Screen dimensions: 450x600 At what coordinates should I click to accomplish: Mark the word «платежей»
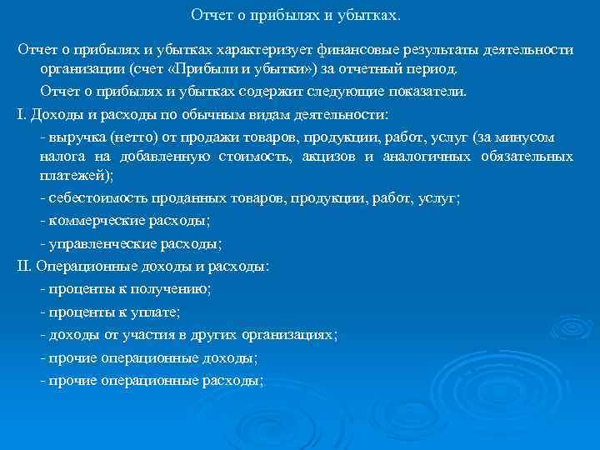[73, 177]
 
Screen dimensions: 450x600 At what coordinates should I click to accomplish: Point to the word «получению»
[174, 289]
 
